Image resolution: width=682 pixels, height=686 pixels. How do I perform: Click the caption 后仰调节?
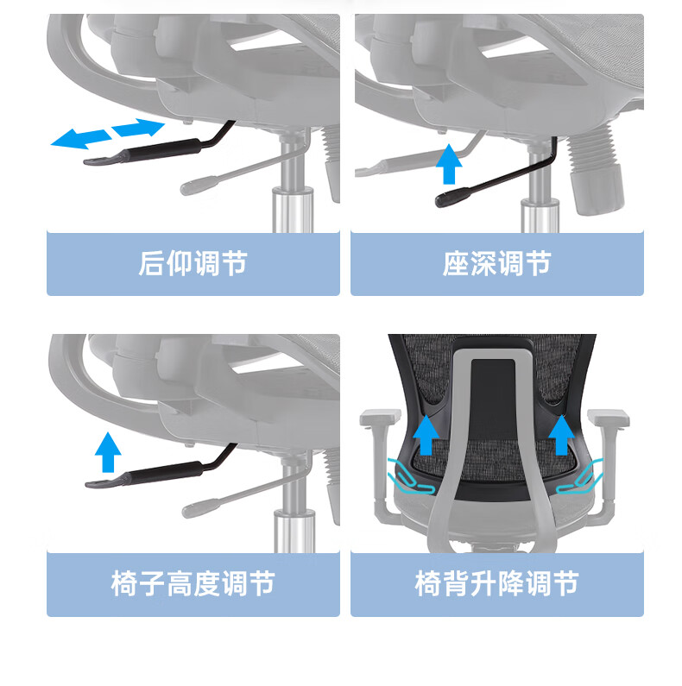[193, 263]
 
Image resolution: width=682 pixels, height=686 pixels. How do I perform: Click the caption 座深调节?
[497, 263]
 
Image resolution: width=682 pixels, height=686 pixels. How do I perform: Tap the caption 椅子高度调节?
[193, 583]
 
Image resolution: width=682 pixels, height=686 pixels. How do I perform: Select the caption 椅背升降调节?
[497, 583]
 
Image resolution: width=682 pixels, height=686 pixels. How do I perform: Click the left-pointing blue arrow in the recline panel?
[81, 139]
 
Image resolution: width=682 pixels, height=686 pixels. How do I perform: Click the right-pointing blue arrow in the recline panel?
[138, 128]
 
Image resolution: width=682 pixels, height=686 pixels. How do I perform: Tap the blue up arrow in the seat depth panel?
[449, 164]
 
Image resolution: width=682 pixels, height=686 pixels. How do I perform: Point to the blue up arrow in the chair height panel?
[108, 452]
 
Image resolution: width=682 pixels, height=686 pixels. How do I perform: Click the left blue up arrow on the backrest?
[426, 435]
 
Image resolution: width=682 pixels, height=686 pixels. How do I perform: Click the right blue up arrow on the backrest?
[562, 435]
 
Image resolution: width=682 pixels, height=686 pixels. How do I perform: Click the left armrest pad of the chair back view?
[381, 417]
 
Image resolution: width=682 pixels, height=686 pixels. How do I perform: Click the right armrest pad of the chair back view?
[608, 417]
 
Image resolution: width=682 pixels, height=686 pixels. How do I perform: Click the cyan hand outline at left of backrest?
[410, 477]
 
